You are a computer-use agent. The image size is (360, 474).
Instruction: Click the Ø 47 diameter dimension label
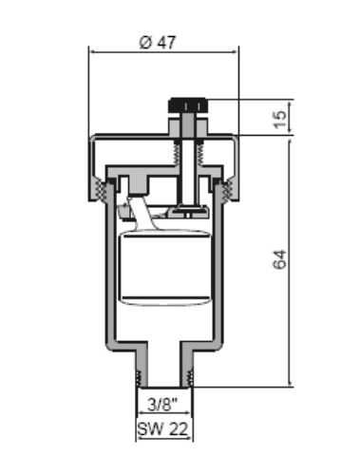(x=158, y=42)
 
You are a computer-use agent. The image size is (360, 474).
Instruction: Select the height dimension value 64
(x=280, y=259)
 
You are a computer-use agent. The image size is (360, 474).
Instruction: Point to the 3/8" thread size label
(x=162, y=405)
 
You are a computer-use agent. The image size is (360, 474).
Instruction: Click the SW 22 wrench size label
(x=162, y=429)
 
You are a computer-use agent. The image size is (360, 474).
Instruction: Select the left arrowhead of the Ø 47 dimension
(x=92, y=51)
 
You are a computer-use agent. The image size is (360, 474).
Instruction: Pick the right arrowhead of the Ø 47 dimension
(x=235, y=51)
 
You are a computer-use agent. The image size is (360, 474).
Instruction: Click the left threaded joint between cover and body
(x=101, y=190)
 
